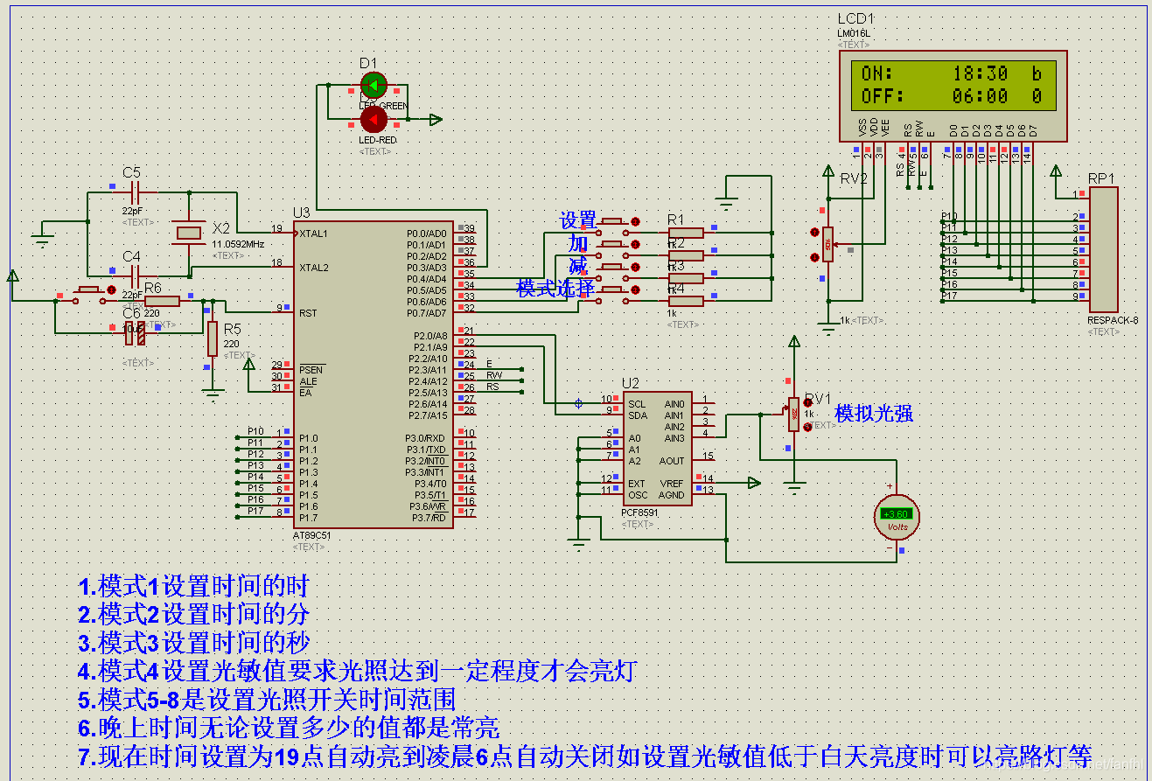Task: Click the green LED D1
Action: (x=374, y=86)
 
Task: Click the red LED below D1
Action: (x=374, y=118)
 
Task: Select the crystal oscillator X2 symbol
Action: (x=189, y=232)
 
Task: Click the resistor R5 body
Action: (x=213, y=338)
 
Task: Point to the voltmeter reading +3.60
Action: (x=897, y=514)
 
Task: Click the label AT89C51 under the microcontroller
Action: (x=312, y=535)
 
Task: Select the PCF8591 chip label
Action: (x=640, y=513)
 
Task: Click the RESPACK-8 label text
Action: (x=1113, y=320)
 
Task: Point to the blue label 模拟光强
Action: (x=874, y=414)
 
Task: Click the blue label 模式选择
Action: (x=555, y=288)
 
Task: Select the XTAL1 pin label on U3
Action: (x=313, y=234)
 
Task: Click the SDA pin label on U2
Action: (x=637, y=415)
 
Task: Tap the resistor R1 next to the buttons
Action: (x=686, y=233)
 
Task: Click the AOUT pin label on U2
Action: (x=672, y=461)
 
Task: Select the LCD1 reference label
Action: (x=855, y=18)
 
